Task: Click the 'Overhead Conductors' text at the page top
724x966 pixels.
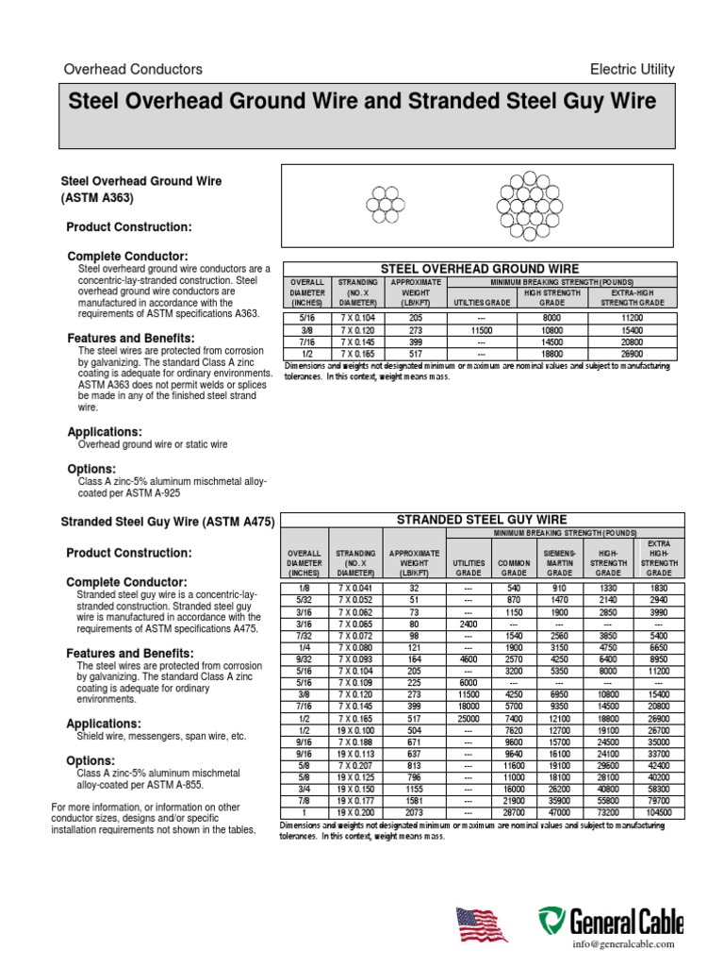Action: pos(132,70)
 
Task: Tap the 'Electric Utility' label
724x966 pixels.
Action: pos(632,70)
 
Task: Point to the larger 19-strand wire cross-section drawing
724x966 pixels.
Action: pos(526,204)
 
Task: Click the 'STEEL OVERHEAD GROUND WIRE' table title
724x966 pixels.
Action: pos(479,269)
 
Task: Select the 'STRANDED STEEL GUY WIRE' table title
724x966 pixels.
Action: pos(481,519)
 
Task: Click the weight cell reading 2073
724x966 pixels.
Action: pos(413,811)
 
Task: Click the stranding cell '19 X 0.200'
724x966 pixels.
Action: pos(357,811)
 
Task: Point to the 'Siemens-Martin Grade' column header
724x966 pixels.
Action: pos(560,559)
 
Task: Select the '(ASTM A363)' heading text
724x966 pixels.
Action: pos(97,199)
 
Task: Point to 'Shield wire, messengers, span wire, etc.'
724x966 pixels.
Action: pos(161,736)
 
